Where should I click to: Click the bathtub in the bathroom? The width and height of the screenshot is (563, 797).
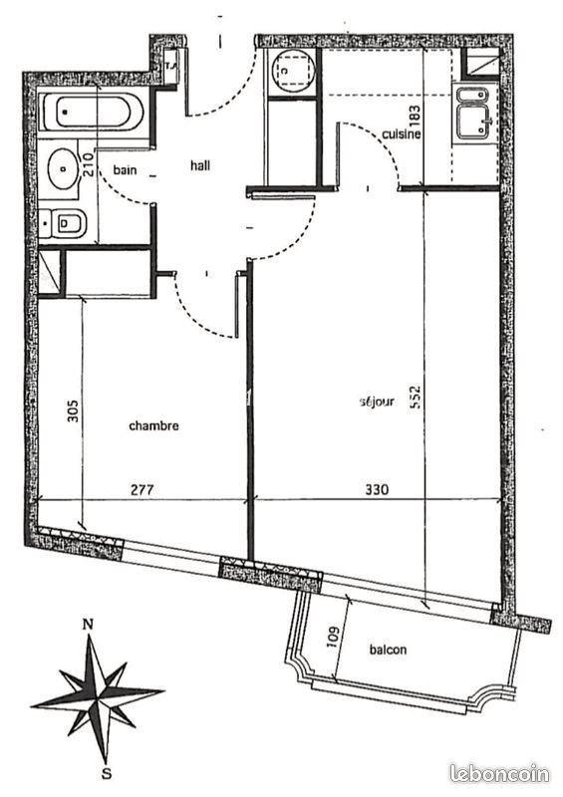click(x=92, y=113)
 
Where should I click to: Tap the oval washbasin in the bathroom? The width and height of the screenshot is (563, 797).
click(x=63, y=168)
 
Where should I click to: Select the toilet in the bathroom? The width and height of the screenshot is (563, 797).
click(x=64, y=223)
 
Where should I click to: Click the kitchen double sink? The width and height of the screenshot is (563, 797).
click(x=473, y=114)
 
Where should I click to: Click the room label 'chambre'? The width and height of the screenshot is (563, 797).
click(x=153, y=425)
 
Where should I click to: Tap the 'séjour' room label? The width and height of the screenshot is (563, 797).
click(x=377, y=401)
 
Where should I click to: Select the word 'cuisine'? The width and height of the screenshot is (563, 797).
click(x=402, y=133)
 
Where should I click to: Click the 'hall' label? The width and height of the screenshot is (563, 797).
click(x=200, y=165)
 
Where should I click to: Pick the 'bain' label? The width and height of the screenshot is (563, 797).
click(x=125, y=169)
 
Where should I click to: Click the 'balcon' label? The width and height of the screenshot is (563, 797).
click(x=388, y=650)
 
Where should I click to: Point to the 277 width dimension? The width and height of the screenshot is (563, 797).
click(x=141, y=490)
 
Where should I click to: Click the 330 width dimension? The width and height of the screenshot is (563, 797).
click(x=377, y=489)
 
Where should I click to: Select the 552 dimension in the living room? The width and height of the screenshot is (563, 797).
click(x=416, y=398)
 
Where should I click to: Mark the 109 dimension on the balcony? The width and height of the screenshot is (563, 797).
click(x=333, y=638)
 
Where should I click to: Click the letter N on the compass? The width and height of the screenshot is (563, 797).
click(x=89, y=624)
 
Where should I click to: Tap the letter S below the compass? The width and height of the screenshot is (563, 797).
click(x=107, y=774)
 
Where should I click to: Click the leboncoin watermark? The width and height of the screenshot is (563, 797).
click(x=499, y=774)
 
